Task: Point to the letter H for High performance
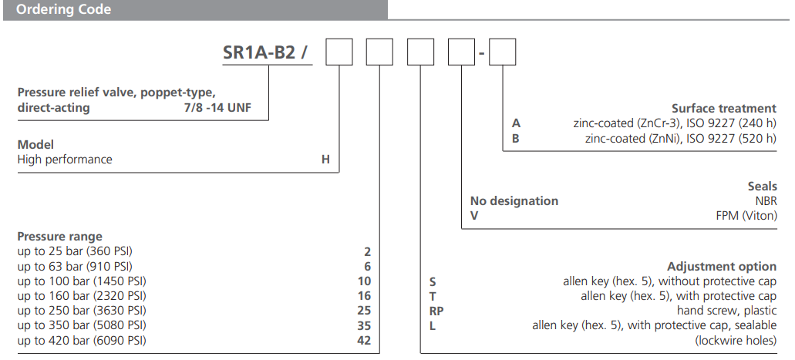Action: coord(325,160)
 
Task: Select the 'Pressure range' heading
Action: coord(59,237)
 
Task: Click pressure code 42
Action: coord(364,340)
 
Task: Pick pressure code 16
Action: coord(364,296)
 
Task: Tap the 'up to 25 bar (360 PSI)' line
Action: coord(79,251)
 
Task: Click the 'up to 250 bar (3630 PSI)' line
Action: coord(83,311)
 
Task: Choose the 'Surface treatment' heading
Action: coord(723,109)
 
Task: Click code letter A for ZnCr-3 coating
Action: coord(517,123)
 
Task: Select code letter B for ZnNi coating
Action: coord(517,139)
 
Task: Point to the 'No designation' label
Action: coord(514,201)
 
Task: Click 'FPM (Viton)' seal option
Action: coord(746,216)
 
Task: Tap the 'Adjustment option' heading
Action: coord(722,267)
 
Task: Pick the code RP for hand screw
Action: coord(436,311)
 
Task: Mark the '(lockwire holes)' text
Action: coord(736,340)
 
